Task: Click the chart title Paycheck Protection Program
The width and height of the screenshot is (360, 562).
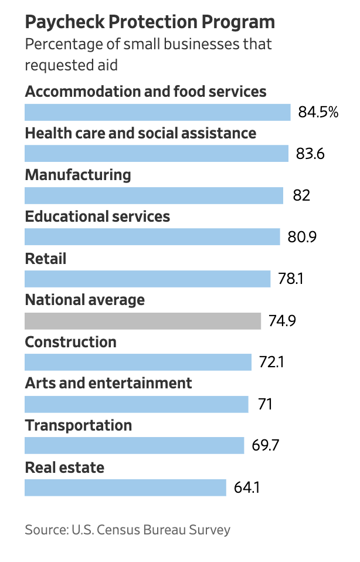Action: (150, 22)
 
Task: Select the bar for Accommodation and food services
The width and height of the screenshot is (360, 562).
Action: (157, 112)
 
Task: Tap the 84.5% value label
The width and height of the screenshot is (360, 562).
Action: (318, 112)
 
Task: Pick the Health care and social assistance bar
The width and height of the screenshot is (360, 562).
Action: (156, 154)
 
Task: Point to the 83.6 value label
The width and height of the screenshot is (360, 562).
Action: (310, 154)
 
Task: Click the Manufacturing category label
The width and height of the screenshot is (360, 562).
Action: (78, 175)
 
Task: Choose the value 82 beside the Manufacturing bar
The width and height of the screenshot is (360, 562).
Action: (301, 195)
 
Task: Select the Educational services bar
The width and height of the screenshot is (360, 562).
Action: (152, 237)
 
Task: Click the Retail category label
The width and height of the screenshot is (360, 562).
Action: (46, 258)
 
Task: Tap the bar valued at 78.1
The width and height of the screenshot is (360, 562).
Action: (147, 279)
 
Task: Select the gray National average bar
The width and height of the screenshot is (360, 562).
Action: (142, 321)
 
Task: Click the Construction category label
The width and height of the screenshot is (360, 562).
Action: (71, 341)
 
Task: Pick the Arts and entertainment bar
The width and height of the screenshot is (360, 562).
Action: (136, 404)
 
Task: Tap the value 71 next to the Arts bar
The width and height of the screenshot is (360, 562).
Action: (265, 404)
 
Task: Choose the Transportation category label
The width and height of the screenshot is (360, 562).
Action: (79, 425)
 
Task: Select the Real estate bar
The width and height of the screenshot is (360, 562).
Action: (125, 487)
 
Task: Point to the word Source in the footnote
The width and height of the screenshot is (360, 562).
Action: (45, 530)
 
